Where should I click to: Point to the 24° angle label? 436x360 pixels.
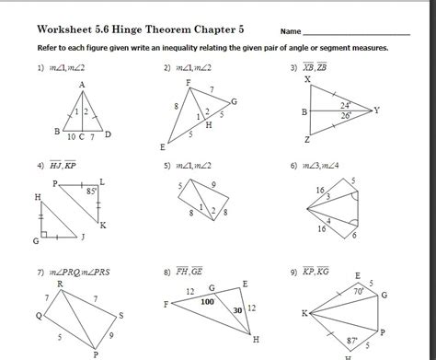(x=345, y=104)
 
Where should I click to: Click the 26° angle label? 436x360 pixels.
(x=345, y=117)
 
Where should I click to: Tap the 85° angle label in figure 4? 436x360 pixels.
(x=92, y=192)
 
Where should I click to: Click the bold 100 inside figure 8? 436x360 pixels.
(x=207, y=301)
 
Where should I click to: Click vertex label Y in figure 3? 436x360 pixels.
(x=375, y=110)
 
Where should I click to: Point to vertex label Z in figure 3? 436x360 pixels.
(x=307, y=139)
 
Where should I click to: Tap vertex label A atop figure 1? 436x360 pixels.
(x=82, y=86)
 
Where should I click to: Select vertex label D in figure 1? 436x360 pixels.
(x=109, y=135)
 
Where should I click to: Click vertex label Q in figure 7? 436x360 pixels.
(x=39, y=315)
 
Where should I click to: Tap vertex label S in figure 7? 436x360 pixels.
(x=120, y=315)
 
